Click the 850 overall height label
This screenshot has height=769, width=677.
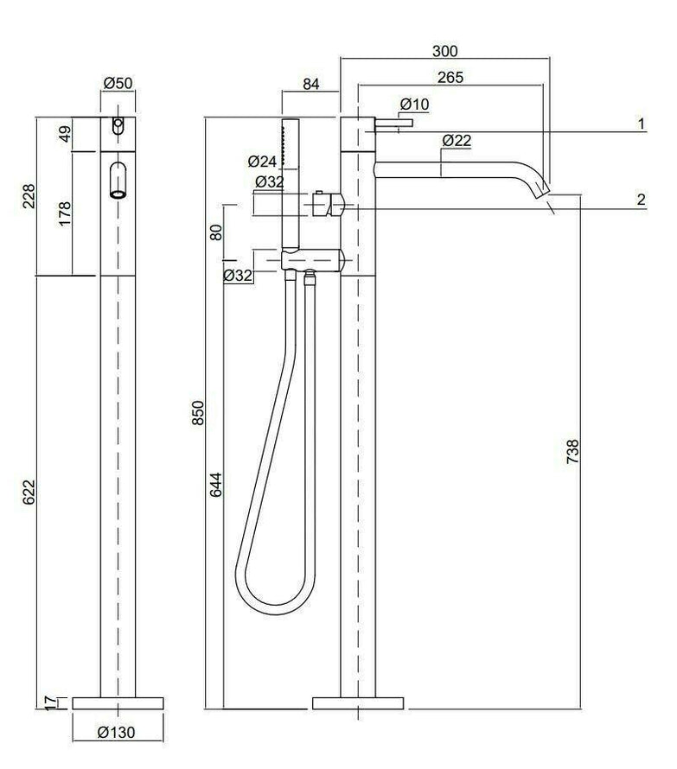(x=197, y=413)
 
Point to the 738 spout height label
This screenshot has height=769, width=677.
(x=572, y=453)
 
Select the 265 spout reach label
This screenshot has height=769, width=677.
(x=450, y=77)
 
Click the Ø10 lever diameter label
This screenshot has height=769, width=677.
(x=414, y=105)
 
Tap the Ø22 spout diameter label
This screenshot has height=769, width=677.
(x=456, y=140)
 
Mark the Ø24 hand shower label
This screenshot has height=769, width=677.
(x=260, y=161)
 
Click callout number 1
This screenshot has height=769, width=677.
(x=642, y=124)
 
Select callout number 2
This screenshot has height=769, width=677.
(x=641, y=200)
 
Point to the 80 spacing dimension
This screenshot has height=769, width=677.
(x=216, y=232)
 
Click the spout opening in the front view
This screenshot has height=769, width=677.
(x=118, y=193)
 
